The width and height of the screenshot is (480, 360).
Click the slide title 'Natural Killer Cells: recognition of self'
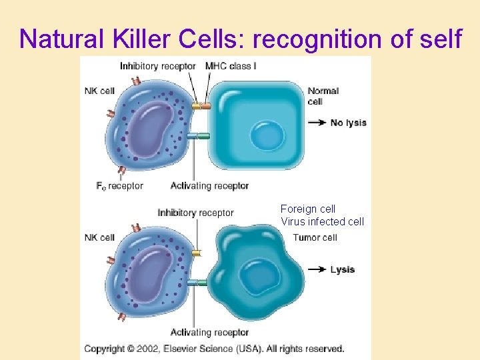click(x=240, y=39)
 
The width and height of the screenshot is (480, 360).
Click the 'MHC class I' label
click(x=231, y=66)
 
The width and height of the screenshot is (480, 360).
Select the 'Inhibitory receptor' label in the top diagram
click(x=158, y=66)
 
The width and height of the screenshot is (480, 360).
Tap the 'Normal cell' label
click(x=323, y=96)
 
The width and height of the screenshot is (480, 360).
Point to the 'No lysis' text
click(x=348, y=123)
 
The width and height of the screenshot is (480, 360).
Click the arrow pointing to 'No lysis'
click(x=317, y=123)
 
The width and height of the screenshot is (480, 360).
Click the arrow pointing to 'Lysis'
click(x=317, y=269)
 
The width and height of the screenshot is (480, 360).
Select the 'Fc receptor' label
click(x=121, y=186)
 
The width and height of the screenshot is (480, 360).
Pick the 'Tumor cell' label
click(x=315, y=237)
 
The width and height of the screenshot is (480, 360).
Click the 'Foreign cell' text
click(x=308, y=209)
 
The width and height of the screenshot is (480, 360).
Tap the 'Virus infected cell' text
click(x=323, y=222)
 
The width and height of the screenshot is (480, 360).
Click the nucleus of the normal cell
click(x=266, y=136)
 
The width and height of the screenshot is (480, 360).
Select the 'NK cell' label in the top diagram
click(x=99, y=91)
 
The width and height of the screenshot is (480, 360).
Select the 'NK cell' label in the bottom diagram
click(x=99, y=237)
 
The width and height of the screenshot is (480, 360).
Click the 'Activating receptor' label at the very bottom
click(x=209, y=332)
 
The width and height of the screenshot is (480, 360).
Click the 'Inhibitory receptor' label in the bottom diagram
click(x=195, y=213)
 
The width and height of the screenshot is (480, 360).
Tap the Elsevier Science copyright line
click(x=214, y=349)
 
